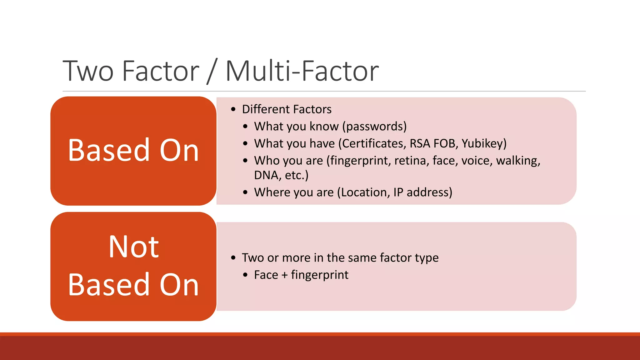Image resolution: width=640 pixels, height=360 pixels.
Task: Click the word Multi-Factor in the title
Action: coord(302,71)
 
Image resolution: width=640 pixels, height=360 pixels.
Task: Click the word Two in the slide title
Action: coord(88,71)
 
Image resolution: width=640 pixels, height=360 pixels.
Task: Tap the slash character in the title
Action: coord(212,72)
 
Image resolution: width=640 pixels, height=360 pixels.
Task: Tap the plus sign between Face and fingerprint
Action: coord(284,275)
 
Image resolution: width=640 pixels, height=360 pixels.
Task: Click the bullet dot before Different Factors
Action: coord(233,109)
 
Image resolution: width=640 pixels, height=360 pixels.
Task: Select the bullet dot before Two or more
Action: coord(233,258)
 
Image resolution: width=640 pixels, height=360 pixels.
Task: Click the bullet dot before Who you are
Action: coord(245,161)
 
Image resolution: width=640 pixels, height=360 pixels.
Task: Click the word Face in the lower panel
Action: coord(266,275)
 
